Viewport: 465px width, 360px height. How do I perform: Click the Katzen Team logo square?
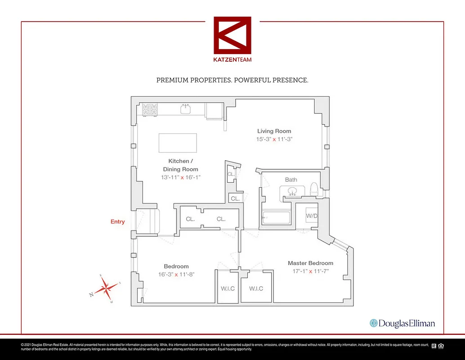coord(232,36)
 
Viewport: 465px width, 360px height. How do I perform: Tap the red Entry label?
coord(118,222)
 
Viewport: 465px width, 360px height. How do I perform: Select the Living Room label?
coord(274,131)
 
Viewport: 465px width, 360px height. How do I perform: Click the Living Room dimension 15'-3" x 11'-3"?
coord(274,139)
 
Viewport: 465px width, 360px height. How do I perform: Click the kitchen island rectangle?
coord(178,143)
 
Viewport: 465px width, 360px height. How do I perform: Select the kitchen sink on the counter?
coord(185,108)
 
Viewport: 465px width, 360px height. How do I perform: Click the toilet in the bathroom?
coord(315,189)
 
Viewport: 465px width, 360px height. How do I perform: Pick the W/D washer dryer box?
coord(312,216)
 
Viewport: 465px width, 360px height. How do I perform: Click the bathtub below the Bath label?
coord(276,218)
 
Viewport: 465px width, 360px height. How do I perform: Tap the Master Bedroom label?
coord(310,263)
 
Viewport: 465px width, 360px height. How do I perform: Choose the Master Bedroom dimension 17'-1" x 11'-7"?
coord(310,271)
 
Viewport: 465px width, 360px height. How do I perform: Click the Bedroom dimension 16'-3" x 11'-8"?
coord(176,274)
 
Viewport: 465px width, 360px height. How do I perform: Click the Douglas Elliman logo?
coord(402,323)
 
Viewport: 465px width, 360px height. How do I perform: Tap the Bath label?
coord(291,180)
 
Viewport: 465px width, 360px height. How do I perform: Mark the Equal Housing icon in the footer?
coord(441,346)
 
